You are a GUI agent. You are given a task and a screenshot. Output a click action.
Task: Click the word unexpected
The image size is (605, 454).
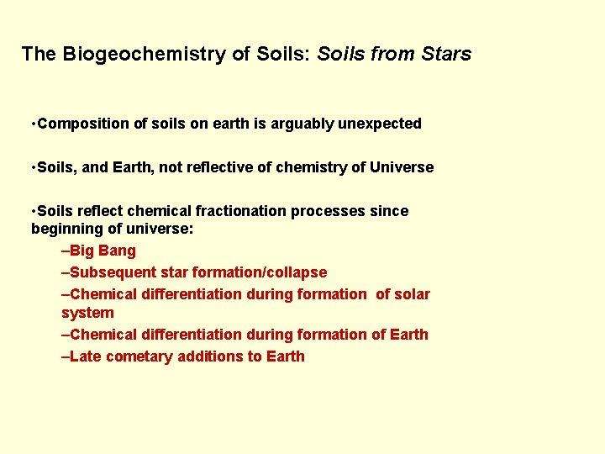point(380,124)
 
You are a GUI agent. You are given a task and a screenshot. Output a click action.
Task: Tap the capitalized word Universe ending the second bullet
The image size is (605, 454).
point(402,167)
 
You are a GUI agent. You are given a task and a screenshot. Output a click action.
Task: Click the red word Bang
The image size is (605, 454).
point(118,251)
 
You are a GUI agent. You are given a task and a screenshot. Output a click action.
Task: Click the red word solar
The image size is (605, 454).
point(413,294)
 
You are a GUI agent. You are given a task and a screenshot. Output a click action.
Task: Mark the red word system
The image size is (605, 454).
point(87,313)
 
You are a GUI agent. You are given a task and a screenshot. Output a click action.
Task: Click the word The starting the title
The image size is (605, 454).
point(39,55)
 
